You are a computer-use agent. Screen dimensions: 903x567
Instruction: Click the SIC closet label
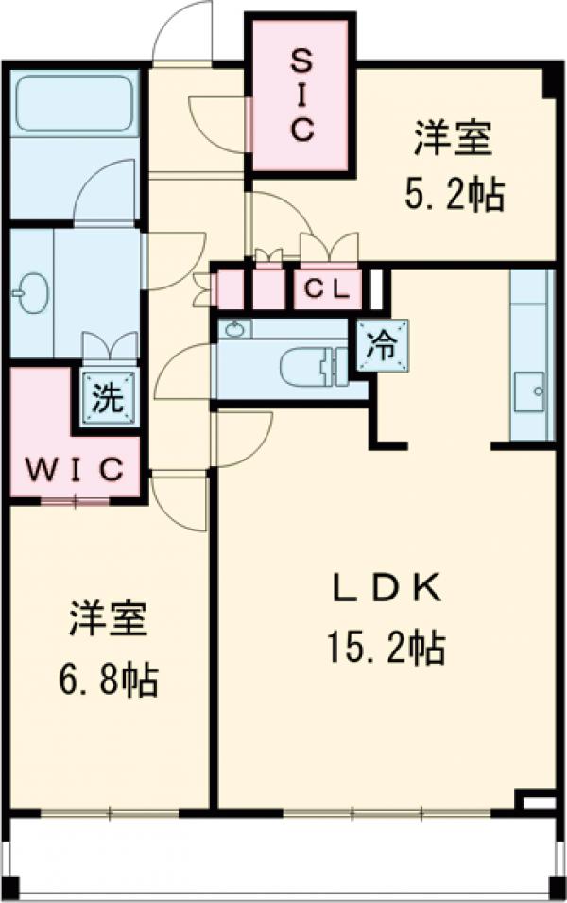point(301,96)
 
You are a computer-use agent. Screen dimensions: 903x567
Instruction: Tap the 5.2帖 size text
point(454,196)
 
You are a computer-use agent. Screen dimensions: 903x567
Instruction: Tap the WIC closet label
point(75,468)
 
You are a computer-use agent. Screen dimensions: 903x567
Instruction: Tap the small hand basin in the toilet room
point(234,329)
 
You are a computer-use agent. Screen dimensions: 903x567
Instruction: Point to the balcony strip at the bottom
point(283,855)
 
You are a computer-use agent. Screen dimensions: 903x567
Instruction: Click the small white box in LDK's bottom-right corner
point(537,803)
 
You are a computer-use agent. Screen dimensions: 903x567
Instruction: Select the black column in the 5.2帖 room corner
point(549,83)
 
